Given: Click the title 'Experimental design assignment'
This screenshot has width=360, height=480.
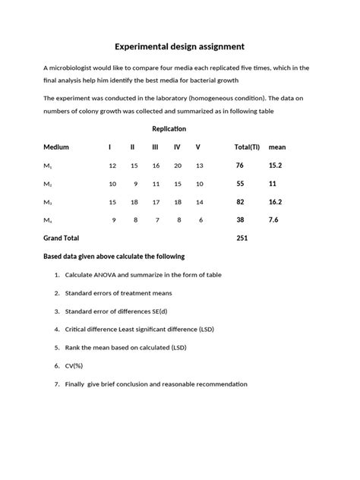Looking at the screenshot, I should tap(179, 46).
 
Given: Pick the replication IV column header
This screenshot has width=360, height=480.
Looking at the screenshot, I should tap(177, 147).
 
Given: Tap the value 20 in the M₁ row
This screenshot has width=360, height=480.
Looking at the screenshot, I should tap(178, 165).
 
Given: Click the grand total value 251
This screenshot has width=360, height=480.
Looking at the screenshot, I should tap(242, 238).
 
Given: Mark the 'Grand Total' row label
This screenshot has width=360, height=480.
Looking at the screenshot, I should tap(61, 238).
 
